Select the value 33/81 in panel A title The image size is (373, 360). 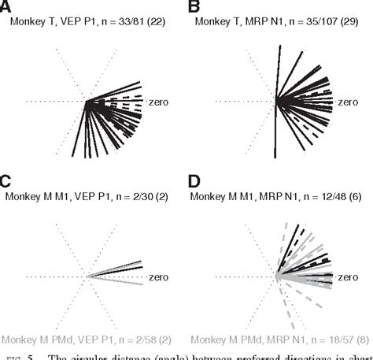click(131, 24)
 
